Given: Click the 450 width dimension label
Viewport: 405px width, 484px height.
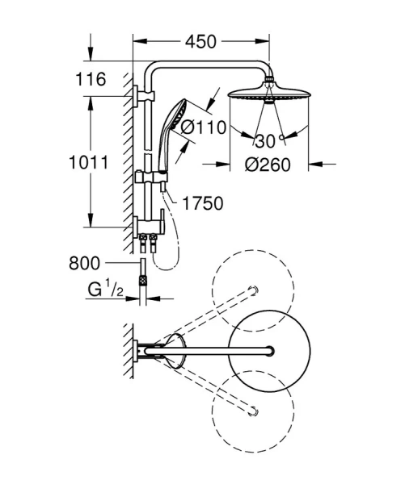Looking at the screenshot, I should click(200, 40).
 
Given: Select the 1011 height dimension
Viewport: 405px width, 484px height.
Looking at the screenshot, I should click(89, 162).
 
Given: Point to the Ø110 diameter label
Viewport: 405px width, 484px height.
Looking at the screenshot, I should click(198, 127).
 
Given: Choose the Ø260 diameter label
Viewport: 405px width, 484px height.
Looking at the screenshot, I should click(268, 164).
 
